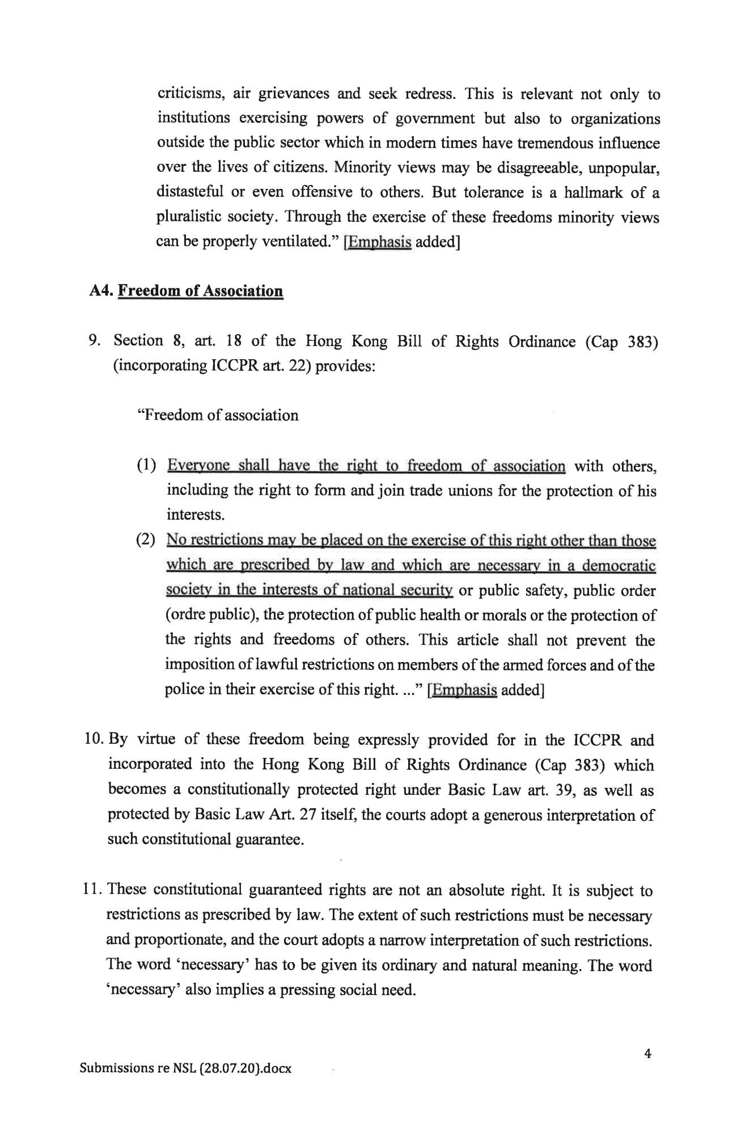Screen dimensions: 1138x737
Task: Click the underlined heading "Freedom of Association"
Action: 200,291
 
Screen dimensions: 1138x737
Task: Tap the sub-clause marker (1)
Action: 146,466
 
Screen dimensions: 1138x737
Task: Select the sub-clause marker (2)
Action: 146,540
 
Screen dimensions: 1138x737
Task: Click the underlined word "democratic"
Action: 619,566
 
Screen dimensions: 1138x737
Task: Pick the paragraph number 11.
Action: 91,890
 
